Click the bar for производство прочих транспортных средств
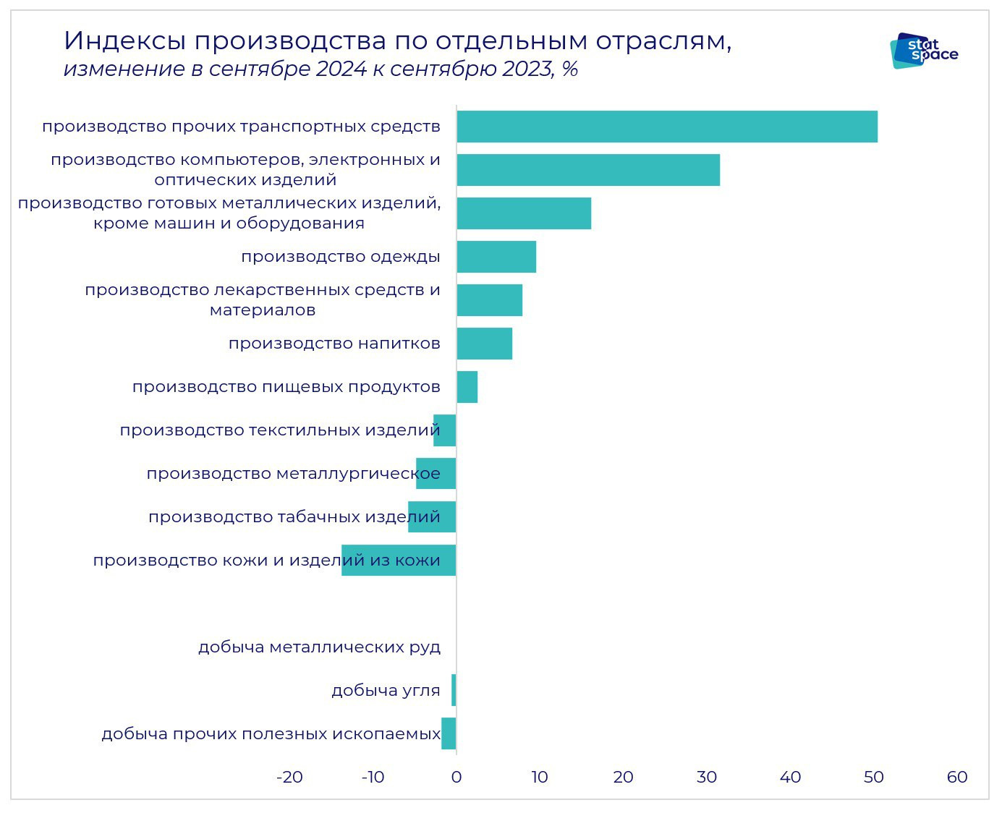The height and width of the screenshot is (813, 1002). [x=666, y=127]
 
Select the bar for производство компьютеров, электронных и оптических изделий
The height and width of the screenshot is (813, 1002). [x=587, y=170]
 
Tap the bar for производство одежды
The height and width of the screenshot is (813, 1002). [x=496, y=257]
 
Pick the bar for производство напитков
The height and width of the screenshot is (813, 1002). [x=484, y=344]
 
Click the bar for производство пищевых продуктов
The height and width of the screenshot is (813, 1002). [x=467, y=387]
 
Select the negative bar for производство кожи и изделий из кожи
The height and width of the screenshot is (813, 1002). [x=399, y=561]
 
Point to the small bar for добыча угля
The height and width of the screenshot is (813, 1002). [x=454, y=690]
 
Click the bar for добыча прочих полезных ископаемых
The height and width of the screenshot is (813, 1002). [x=449, y=733]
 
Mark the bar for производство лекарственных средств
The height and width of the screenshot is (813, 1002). [x=489, y=300]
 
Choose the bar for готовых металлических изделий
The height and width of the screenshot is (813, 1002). [x=523, y=213]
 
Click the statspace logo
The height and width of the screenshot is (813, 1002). [x=924, y=50]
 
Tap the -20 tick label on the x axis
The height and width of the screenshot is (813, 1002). [x=289, y=777]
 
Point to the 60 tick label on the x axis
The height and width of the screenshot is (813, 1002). [x=956, y=777]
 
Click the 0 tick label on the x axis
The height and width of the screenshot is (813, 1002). [x=456, y=777]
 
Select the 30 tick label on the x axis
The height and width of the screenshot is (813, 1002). [x=706, y=777]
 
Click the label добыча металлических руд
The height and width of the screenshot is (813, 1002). [x=319, y=647]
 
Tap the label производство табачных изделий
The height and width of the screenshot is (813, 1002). [x=294, y=517]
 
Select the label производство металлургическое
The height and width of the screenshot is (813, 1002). [x=293, y=474]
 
